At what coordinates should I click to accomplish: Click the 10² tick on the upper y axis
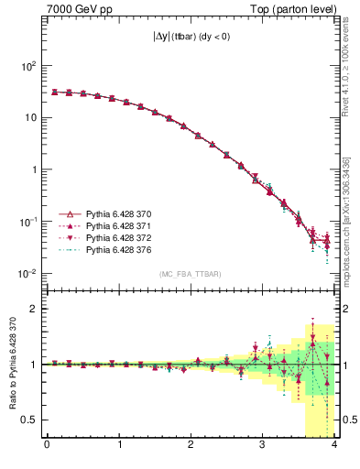coord(29,67)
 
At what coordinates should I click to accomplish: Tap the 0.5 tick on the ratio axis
coord(32,420)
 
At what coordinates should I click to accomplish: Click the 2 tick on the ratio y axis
coord(37,309)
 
